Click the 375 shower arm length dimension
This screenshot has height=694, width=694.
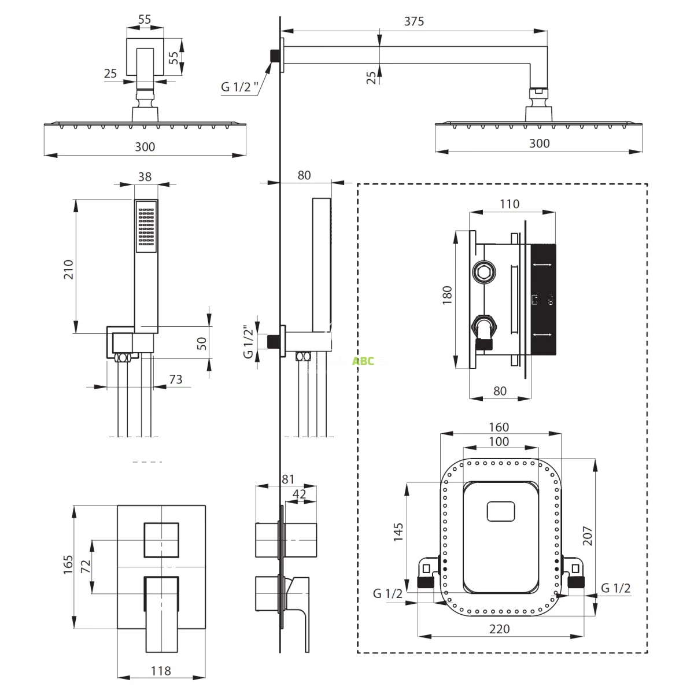pos(414,21)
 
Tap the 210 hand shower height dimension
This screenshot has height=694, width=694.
pos(68,270)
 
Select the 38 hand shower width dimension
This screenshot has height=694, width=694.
pos(145,176)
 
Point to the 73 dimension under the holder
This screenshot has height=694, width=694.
pos(175,379)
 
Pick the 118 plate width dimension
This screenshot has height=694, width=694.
pos(161,671)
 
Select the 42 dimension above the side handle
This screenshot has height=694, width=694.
pos(300,494)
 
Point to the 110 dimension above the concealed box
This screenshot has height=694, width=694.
pos(509,204)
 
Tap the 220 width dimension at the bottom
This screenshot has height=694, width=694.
pos(500,629)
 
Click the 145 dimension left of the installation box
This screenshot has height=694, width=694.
pos(398,532)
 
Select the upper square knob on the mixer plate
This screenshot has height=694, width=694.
pos(161,540)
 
